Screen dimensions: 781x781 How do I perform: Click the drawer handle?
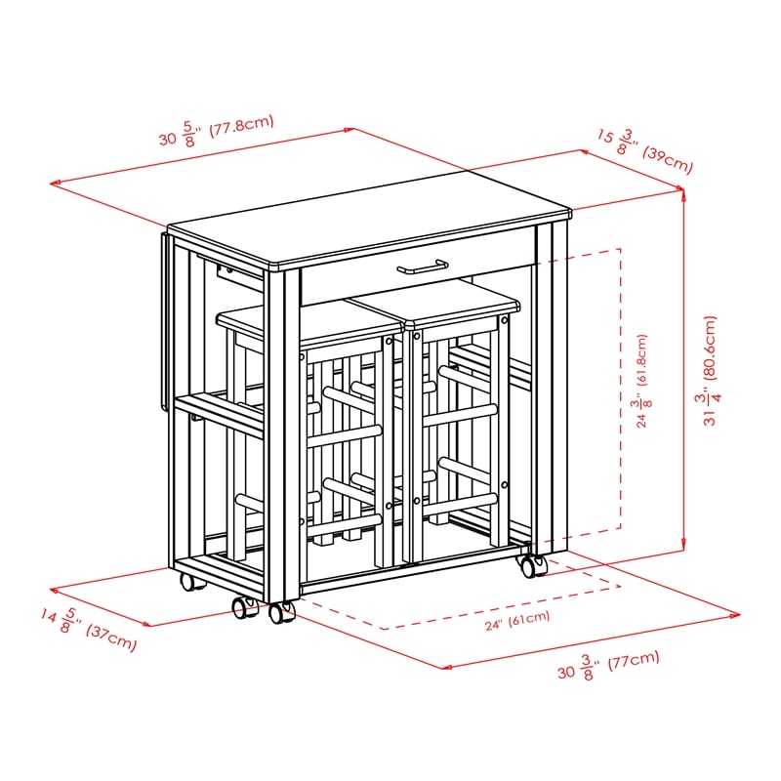423,267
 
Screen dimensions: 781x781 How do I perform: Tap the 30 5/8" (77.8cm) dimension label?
217,131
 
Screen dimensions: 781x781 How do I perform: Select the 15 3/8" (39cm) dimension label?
645,151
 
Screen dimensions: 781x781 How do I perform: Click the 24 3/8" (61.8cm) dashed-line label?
643,381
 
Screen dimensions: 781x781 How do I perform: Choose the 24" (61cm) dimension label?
517,620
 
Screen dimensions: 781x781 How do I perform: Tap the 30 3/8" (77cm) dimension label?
608,666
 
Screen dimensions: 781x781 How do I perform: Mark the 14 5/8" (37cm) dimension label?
88,629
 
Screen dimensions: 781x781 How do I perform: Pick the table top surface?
370,218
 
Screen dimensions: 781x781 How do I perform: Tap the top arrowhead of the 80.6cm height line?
683,193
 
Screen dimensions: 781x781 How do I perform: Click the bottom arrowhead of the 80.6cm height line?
683,547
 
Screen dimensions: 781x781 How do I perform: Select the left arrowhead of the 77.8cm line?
55,184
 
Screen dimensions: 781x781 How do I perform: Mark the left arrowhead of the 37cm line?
55,591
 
